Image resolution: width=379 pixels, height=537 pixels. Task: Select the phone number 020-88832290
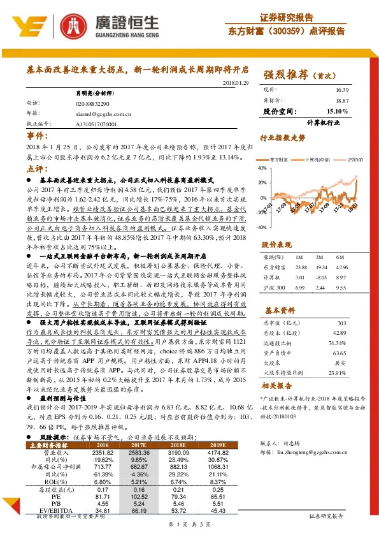coord(92,103)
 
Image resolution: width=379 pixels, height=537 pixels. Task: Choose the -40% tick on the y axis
coord(262,227)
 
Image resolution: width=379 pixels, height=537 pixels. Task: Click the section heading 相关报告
coord(278,386)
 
